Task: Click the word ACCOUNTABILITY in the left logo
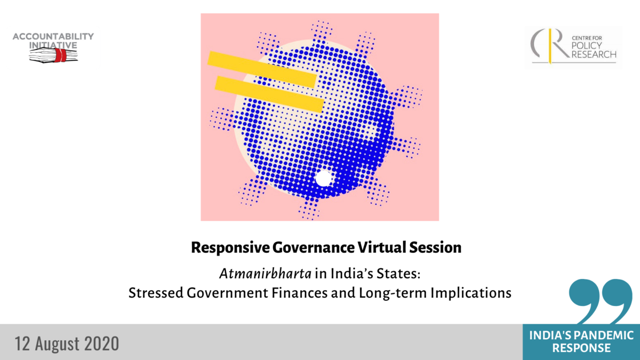[53, 36]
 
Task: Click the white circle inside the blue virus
[323, 178]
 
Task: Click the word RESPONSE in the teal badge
[581, 348]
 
